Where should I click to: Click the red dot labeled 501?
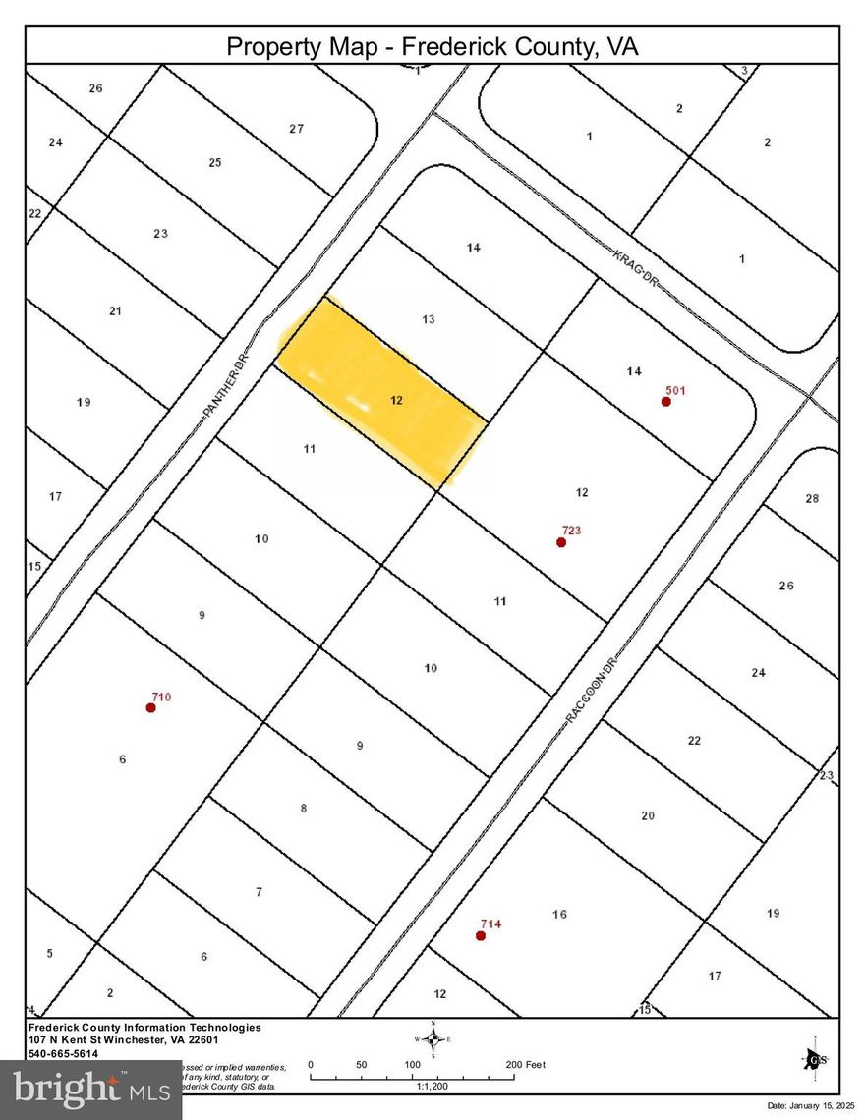666,401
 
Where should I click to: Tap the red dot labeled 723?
561,542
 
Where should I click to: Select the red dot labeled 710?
150,707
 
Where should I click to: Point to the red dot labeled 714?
481,936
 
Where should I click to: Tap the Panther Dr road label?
228,383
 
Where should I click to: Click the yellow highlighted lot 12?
383,393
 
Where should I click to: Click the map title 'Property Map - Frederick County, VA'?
432,46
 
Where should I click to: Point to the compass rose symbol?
432,1039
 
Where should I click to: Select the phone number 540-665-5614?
64,1052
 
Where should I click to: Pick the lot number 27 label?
297,129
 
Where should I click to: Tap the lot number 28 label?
812,499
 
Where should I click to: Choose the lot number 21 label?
115,311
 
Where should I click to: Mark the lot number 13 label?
429,319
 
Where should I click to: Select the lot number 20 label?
648,815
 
